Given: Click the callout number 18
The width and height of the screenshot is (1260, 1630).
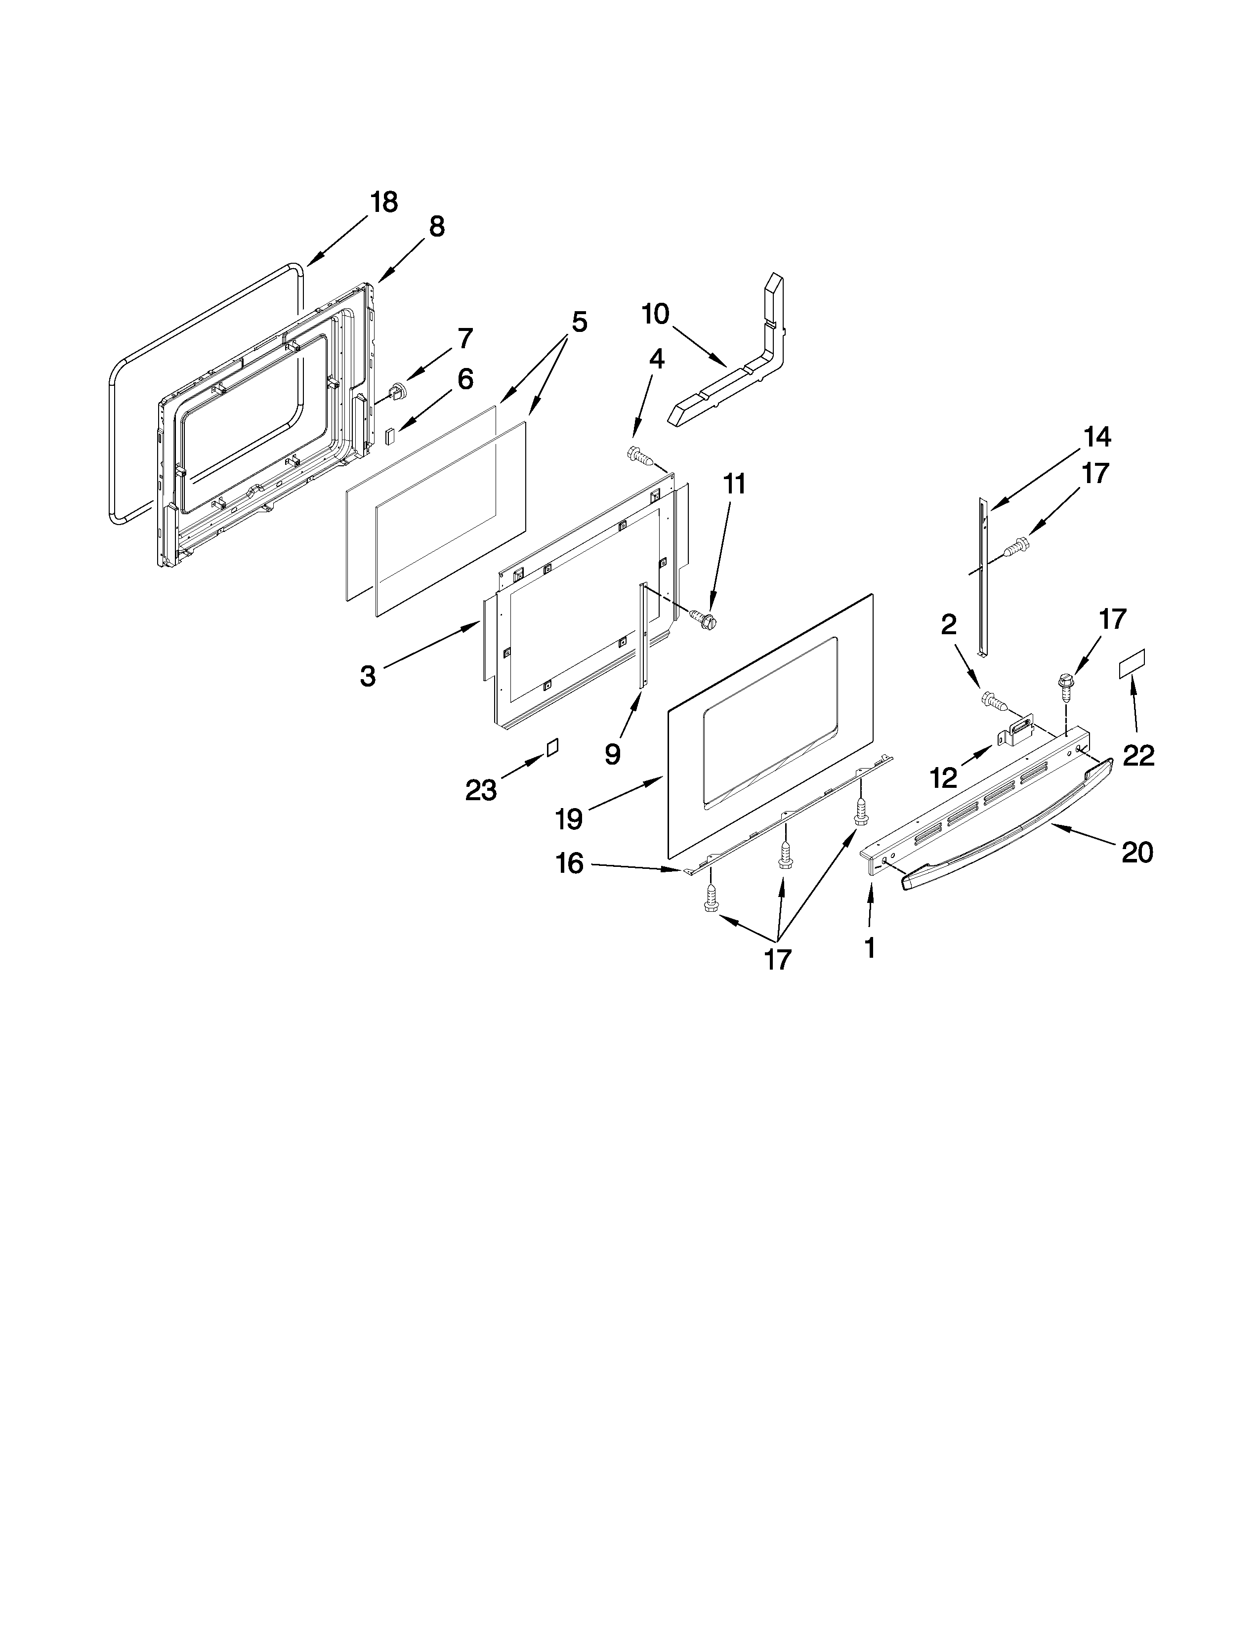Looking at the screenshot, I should (x=383, y=202).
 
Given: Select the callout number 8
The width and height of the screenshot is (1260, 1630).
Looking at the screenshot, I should (x=437, y=226).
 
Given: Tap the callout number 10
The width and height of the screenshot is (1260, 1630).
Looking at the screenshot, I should (x=655, y=314).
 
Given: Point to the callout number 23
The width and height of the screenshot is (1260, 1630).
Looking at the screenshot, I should (x=481, y=790).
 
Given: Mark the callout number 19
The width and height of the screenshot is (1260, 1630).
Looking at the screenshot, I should (x=569, y=819).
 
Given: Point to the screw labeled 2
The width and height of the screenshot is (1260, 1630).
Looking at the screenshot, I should (x=991, y=700).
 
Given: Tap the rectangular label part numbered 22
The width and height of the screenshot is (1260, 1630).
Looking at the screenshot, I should (x=1132, y=663).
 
